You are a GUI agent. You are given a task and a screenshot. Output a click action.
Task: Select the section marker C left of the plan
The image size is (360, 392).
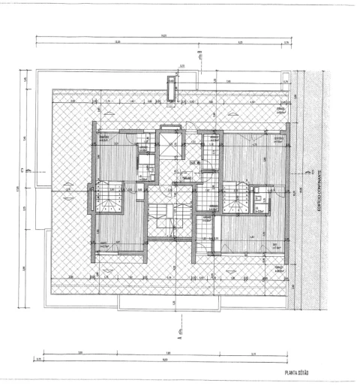pyautogui.click(x=28, y=170)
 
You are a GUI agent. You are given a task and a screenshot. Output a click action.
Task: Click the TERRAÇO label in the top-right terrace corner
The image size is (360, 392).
pyautogui.click(x=280, y=109)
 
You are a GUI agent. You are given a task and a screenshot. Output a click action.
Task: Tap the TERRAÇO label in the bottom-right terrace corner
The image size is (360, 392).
pyautogui.click(x=279, y=267)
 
